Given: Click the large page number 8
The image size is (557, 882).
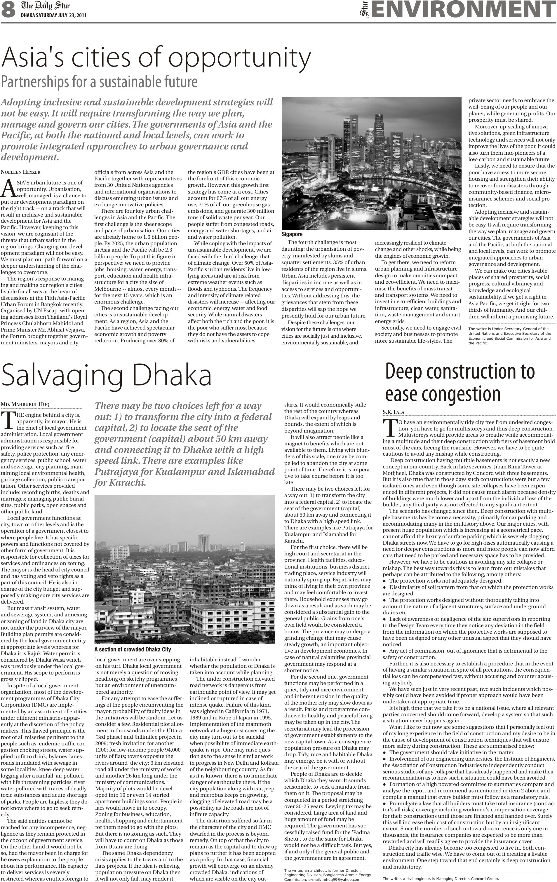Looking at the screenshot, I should click(8, 10).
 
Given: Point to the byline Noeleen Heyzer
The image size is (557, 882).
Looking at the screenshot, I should click(20, 172).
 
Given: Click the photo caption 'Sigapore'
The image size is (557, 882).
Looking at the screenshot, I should click(292, 234).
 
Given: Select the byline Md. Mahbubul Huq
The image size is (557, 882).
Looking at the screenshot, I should click(25, 405).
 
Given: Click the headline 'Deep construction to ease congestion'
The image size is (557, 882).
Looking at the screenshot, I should click(460, 382).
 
